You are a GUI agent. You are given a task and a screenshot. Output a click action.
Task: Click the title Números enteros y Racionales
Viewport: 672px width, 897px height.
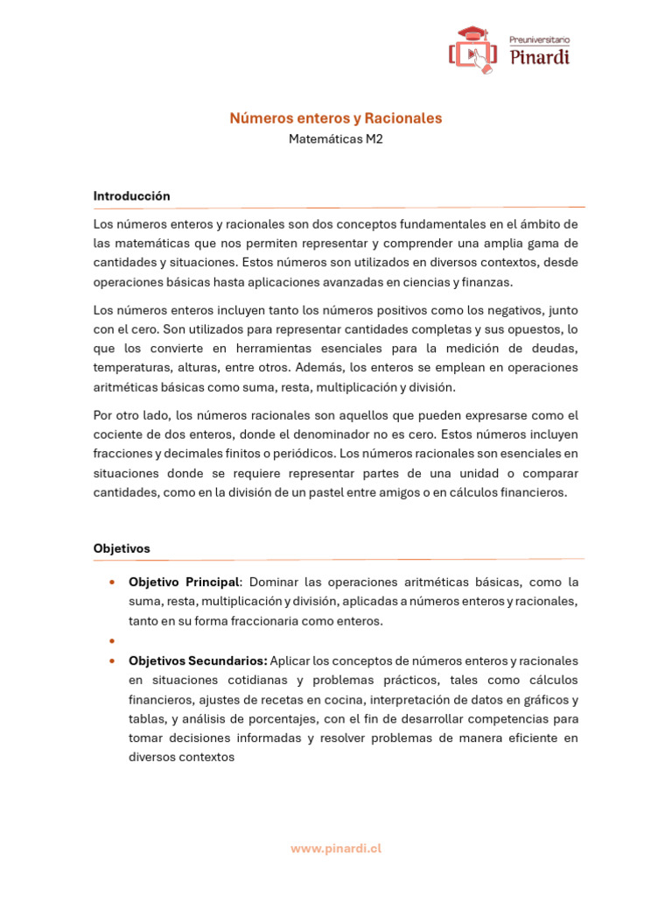(x=336, y=117)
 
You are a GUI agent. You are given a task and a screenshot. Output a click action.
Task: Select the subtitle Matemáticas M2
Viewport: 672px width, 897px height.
(x=336, y=138)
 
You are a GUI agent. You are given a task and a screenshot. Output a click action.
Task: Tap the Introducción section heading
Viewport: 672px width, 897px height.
(x=131, y=196)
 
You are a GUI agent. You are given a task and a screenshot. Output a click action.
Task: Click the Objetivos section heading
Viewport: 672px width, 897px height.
(x=122, y=548)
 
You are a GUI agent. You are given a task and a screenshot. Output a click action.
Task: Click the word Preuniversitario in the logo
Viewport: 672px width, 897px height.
(x=540, y=39)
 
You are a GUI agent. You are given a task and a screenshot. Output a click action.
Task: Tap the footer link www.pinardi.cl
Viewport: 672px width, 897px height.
(x=336, y=848)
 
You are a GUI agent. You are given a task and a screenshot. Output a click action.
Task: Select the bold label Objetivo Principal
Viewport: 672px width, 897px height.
(x=183, y=582)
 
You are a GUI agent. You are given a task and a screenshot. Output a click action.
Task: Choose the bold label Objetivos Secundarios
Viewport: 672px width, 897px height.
(x=198, y=660)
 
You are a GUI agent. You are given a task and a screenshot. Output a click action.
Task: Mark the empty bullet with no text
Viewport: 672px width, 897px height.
(x=112, y=641)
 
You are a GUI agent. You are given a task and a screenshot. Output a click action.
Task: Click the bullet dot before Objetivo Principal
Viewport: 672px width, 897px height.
(x=112, y=583)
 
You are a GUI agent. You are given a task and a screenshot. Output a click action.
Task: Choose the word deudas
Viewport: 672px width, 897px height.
(x=556, y=349)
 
